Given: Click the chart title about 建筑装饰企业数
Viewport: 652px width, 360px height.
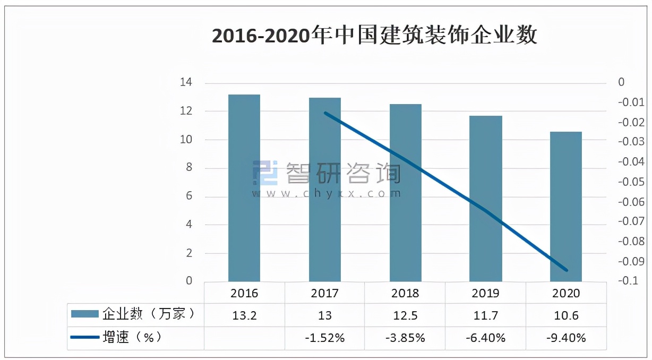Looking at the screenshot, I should [x=374, y=36].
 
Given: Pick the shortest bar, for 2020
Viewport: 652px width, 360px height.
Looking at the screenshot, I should [x=566, y=207].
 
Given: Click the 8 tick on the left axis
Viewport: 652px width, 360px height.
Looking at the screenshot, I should [x=188, y=168].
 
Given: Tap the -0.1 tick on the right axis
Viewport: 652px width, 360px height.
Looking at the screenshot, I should [x=628, y=281].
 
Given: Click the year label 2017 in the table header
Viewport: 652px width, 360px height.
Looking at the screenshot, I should [x=325, y=293].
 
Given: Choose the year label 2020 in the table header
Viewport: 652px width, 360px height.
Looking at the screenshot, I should [x=566, y=293].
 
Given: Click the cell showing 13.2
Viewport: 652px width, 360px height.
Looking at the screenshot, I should [x=244, y=315].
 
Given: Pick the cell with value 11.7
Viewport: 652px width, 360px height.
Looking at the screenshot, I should [x=486, y=315].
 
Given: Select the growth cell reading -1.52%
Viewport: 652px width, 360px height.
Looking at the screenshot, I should [x=325, y=338].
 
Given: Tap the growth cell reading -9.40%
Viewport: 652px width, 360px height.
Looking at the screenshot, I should [x=566, y=338].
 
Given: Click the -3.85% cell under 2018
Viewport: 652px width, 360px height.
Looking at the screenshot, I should [x=406, y=338].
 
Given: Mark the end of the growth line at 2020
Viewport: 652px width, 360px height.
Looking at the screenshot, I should [x=567, y=270].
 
